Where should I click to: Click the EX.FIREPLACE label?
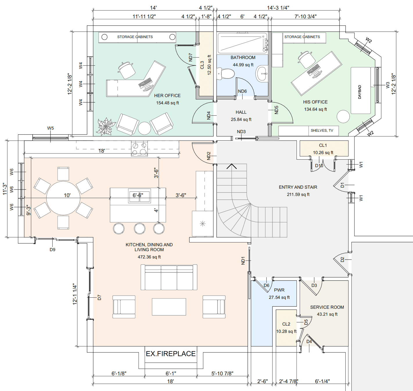click(x=170, y=354)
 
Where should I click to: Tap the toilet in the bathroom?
click(x=226, y=74)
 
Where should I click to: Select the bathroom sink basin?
click(x=262, y=74)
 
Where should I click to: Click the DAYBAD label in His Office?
click(x=360, y=92)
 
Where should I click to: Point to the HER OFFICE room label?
click(x=167, y=96)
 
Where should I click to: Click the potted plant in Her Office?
click(x=105, y=127)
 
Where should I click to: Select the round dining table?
click(x=63, y=198)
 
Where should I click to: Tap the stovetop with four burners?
click(x=139, y=148)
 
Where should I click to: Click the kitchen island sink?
click(x=139, y=196)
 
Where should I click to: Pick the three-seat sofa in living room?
click(x=169, y=277)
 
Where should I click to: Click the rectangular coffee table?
click(x=169, y=307)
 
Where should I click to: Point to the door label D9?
click(x=52, y=249)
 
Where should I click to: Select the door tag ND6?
click(x=242, y=91)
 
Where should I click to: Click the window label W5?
click(x=51, y=128)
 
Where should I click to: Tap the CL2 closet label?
click(x=286, y=324)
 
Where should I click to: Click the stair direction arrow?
click(x=231, y=167)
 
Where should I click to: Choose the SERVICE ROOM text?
click(x=327, y=307)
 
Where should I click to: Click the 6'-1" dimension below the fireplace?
click(x=171, y=374)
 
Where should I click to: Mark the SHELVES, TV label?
click(x=322, y=131)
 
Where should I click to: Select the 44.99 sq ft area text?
click(x=243, y=65)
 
